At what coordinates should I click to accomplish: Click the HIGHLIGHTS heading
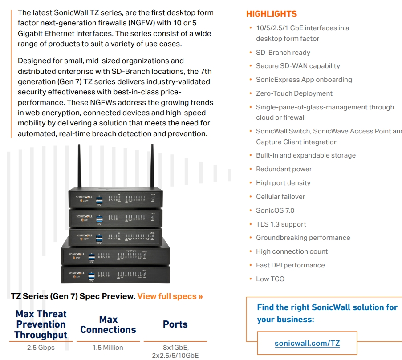coord(272,14)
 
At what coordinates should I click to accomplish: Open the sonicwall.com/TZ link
coord(307,343)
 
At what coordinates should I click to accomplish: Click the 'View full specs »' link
coord(170,296)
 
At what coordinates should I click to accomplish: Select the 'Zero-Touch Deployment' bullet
coord(294,93)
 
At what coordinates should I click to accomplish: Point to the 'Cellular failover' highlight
coord(280,197)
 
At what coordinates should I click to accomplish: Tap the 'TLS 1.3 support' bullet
coord(281,224)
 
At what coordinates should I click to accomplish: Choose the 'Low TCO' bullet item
coord(270,279)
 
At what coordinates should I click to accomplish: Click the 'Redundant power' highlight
coord(284,169)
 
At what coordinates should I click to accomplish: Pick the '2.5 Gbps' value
coord(41,348)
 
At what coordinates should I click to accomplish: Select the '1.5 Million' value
coord(108,348)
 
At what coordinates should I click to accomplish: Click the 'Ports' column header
coord(175,324)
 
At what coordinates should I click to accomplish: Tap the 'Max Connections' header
coord(108,324)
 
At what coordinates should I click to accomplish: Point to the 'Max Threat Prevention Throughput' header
coord(41,324)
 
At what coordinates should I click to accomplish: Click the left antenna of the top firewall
coord(79,167)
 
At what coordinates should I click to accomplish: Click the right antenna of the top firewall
coord(152,167)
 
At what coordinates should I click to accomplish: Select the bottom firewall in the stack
coord(115,274)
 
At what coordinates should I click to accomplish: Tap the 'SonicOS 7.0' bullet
coord(275,210)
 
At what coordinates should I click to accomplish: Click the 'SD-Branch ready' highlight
coord(283,53)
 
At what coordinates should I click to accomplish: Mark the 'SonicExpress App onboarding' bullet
coord(304,80)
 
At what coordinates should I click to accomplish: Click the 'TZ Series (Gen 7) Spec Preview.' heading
coord(73,296)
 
